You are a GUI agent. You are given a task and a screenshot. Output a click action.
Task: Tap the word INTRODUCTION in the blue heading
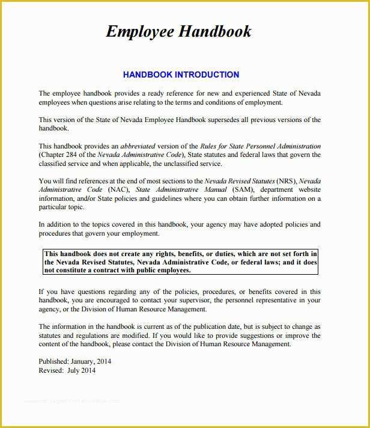point(207,75)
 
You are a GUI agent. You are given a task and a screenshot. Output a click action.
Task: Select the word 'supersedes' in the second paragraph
point(225,120)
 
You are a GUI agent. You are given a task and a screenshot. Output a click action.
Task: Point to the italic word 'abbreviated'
point(138,146)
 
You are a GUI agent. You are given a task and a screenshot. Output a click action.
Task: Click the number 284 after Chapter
point(73,155)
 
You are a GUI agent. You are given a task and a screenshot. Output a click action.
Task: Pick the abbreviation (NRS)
point(285,181)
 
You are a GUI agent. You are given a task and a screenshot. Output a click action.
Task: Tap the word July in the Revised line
point(73,371)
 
